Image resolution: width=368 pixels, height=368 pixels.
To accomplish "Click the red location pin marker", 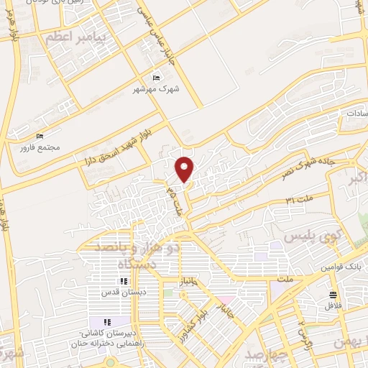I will tap(185, 168).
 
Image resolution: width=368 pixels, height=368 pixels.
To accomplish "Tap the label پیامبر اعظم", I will tap(75, 37).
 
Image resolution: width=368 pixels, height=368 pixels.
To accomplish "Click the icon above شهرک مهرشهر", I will tap(157, 78).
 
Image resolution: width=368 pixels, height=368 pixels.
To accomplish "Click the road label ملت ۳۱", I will tap(299, 199).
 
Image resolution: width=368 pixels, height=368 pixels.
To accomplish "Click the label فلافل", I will tap(331, 306).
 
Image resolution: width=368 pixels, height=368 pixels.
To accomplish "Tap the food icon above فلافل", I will tap(332, 295).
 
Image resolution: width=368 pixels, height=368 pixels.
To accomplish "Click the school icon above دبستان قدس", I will tap(124, 281).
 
